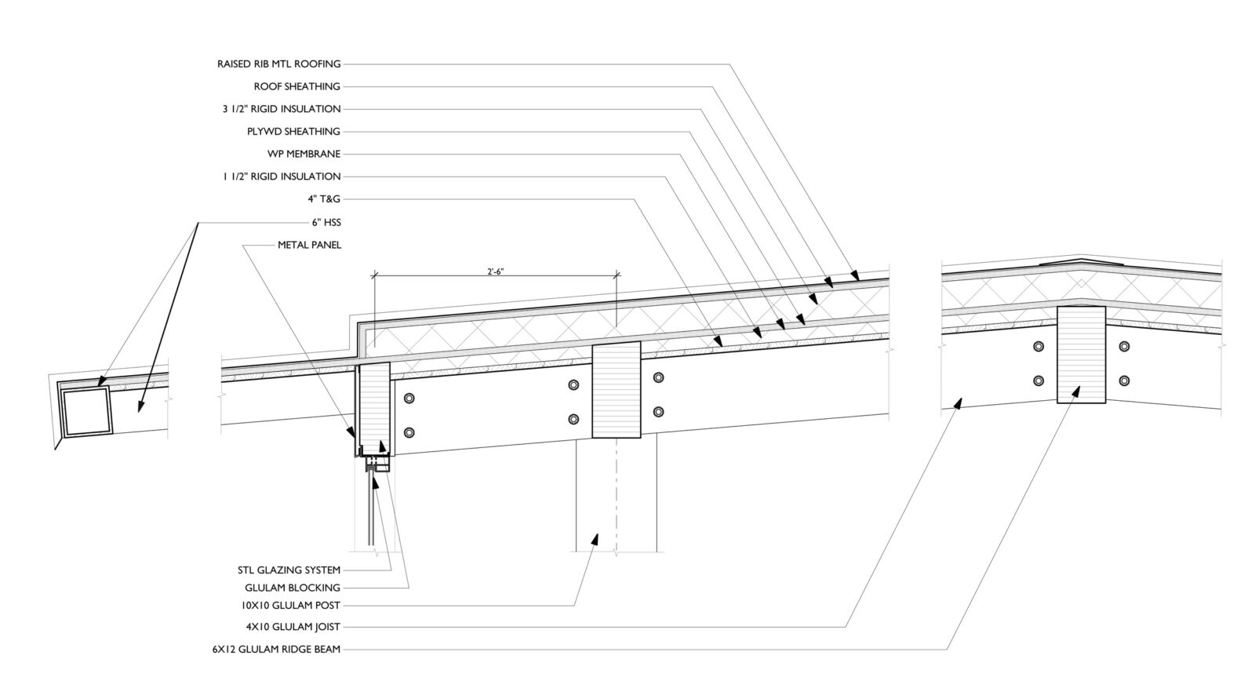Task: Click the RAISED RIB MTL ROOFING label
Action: point(278,64)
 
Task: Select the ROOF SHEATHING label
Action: point(296,86)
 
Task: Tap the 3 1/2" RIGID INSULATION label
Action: point(281,109)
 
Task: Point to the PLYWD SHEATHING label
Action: point(293,131)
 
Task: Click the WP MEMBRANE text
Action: point(304,154)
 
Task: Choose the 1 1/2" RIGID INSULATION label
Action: point(281,177)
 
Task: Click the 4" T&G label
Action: point(324,199)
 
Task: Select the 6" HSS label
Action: point(326,222)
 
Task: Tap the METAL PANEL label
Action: point(309,245)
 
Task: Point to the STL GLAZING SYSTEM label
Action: point(289,570)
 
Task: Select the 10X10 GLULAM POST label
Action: point(290,606)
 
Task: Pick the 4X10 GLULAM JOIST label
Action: point(293,627)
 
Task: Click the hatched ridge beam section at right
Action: point(1081,353)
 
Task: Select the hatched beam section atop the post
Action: point(616,390)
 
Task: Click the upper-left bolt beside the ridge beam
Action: point(1039,346)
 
